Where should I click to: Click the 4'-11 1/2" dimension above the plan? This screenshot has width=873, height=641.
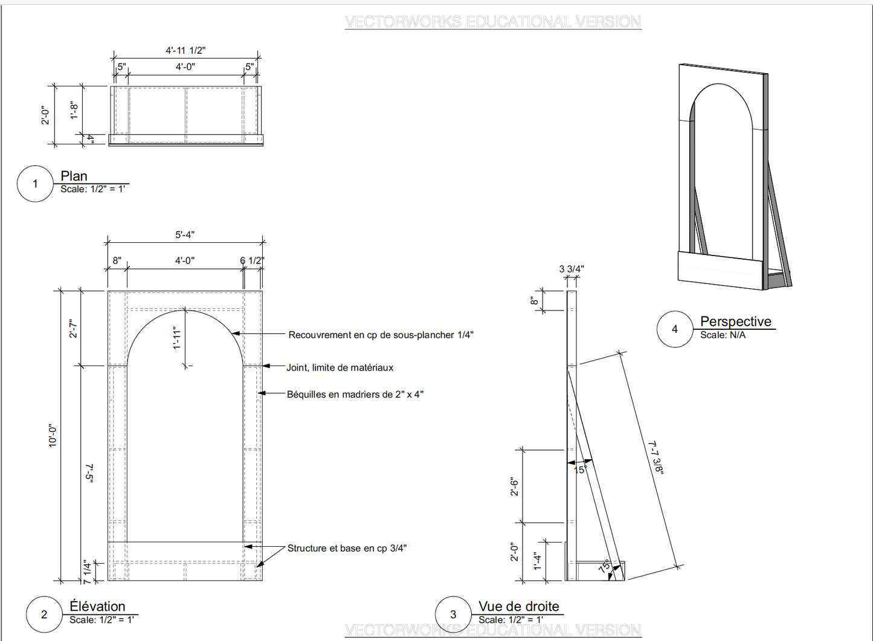185,50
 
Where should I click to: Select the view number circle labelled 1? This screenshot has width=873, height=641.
35,184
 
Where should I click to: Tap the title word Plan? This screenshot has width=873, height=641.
74,176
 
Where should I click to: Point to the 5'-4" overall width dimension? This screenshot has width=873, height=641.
185,234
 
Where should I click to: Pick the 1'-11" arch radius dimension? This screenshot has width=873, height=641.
177,338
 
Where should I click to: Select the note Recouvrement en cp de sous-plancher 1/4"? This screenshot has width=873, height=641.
381,335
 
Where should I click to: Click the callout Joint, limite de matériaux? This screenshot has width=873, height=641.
340,367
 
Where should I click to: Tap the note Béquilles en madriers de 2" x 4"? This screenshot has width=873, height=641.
355,395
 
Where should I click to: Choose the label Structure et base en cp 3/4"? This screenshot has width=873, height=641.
347,548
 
